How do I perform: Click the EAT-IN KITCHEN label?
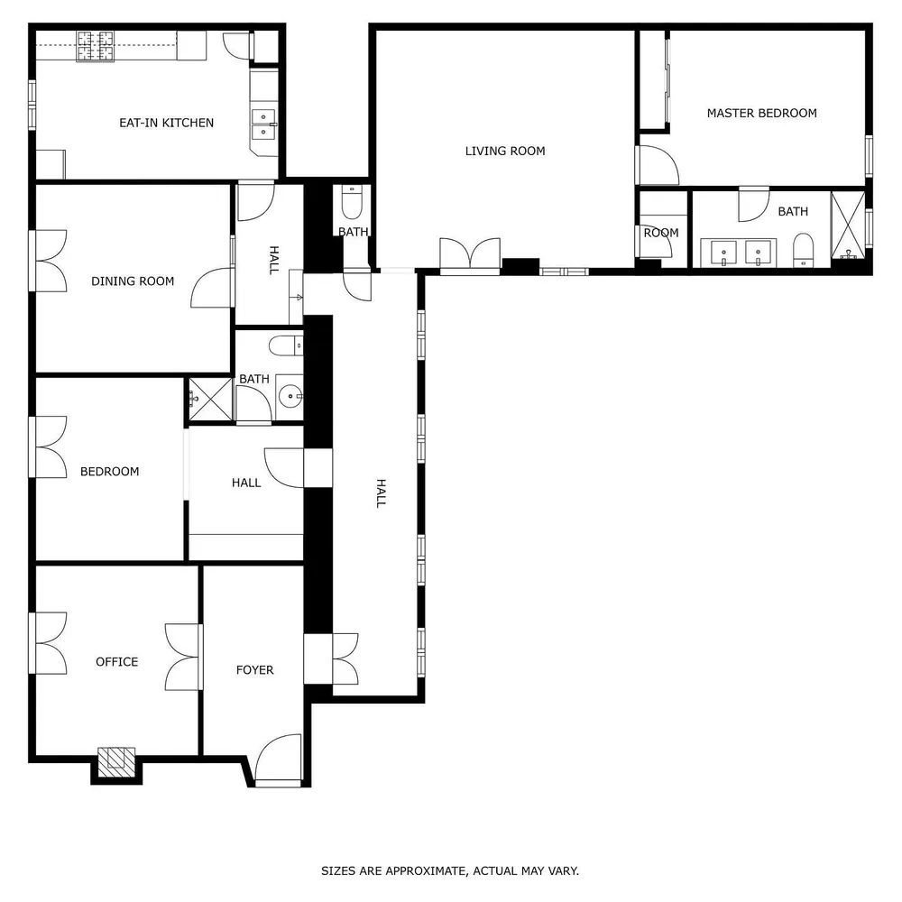(x=167, y=123)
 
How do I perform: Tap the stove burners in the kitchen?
(x=96, y=47)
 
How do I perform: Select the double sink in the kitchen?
(x=263, y=124)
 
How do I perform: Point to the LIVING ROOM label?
(x=505, y=151)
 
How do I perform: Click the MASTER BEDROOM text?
(x=761, y=113)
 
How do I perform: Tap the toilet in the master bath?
(x=803, y=250)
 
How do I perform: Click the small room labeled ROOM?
(x=660, y=233)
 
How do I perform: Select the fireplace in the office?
(x=115, y=762)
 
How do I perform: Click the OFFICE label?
(x=117, y=662)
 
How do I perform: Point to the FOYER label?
(x=254, y=670)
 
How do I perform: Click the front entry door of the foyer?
(x=277, y=760)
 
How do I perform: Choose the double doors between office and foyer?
(x=184, y=656)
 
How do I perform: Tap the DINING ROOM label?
(x=133, y=281)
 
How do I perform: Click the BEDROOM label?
(x=110, y=472)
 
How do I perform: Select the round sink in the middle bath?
(x=290, y=395)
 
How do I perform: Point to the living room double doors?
(x=469, y=254)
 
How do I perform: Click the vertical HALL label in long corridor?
(x=380, y=493)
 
